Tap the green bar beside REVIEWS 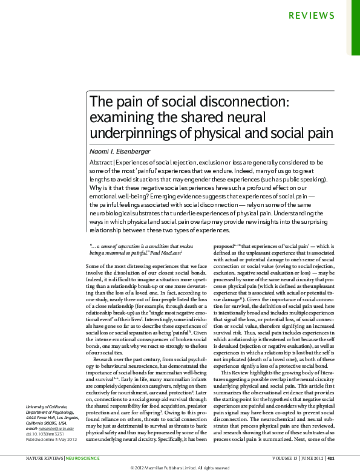(x=356, y=27)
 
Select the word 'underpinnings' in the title (x=127, y=132)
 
